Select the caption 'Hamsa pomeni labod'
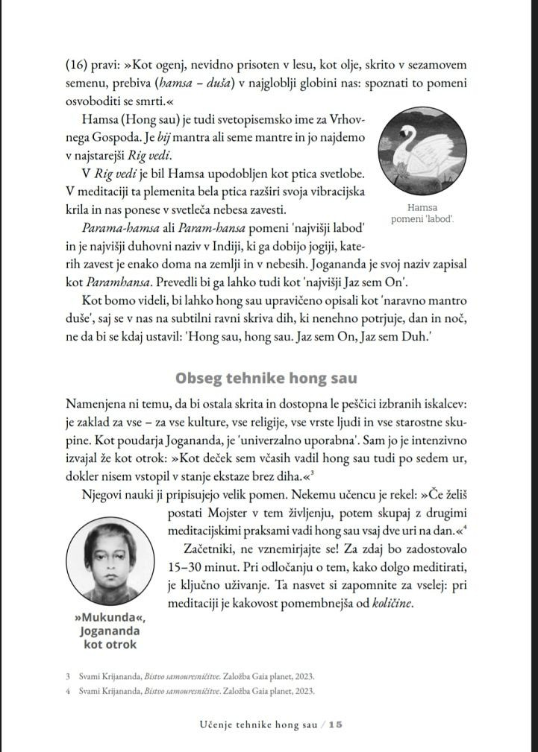422,214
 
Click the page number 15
335,724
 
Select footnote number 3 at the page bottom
68,677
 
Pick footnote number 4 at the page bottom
68,691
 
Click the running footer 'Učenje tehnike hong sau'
259,724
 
